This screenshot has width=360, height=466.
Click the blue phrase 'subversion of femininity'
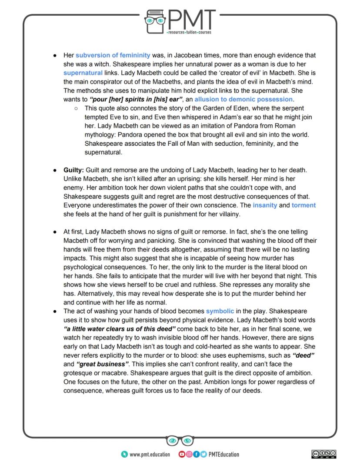click(113, 55)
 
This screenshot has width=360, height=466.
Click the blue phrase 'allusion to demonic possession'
click(243, 99)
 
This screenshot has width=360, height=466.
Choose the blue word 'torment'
click(303, 205)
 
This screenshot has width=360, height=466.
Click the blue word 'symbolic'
click(220, 311)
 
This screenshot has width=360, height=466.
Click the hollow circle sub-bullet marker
click(76, 108)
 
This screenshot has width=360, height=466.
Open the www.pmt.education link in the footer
click(150, 454)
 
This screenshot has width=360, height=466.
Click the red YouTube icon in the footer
click(182, 454)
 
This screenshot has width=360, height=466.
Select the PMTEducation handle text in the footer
click(223, 454)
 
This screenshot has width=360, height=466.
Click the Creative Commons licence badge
click(324, 454)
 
